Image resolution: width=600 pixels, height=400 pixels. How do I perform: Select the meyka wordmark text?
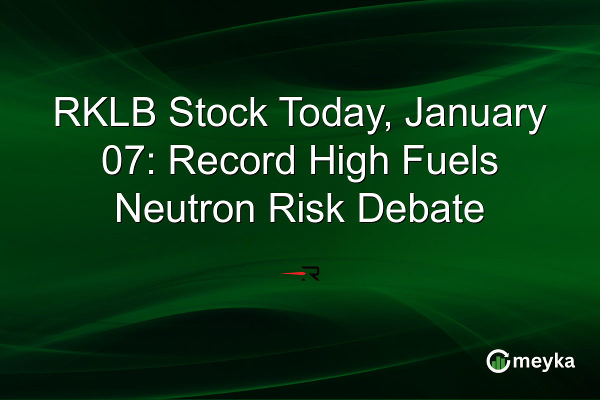pyautogui.click(x=543, y=361)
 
